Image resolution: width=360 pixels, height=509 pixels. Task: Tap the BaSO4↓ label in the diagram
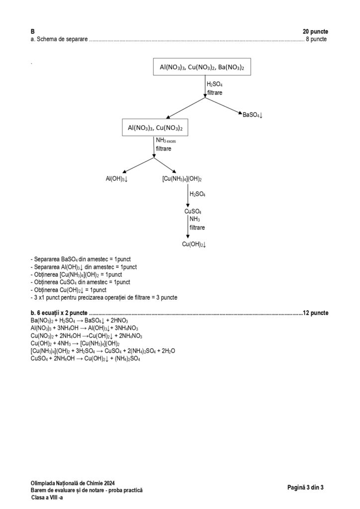point(253,115)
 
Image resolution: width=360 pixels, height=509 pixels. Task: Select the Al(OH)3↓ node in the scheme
point(116,178)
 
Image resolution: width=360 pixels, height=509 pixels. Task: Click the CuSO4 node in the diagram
point(192,212)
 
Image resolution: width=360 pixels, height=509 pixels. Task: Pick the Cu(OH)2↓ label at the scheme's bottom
point(194,244)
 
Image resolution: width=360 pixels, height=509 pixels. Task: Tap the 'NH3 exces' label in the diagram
point(166,141)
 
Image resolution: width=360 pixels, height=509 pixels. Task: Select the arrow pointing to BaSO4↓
point(224,106)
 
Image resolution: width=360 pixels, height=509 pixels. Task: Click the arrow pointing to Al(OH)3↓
point(137,165)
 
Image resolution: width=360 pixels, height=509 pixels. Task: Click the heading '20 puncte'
point(315,31)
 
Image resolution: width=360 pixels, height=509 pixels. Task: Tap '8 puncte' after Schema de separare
point(316,39)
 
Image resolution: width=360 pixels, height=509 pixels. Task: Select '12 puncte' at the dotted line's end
point(315,313)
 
